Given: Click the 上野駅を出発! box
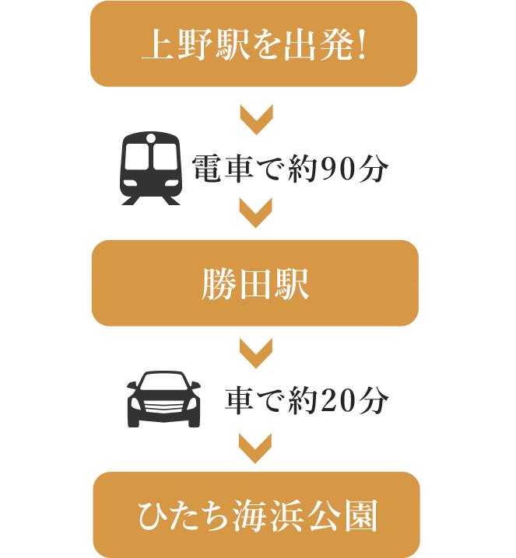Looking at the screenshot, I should click(254, 44).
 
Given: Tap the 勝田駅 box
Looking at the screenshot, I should click(254, 283).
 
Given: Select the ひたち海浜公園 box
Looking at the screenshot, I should click(256, 514).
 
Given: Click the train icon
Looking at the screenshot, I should click(150, 167).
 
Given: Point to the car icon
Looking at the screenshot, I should click(163, 399).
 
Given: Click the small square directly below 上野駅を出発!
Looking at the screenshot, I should click(255, 118).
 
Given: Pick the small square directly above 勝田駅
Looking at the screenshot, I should click(255, 212).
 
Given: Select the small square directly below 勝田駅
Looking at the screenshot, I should click(255, 354).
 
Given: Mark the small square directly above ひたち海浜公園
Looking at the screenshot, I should click(255, 448).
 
